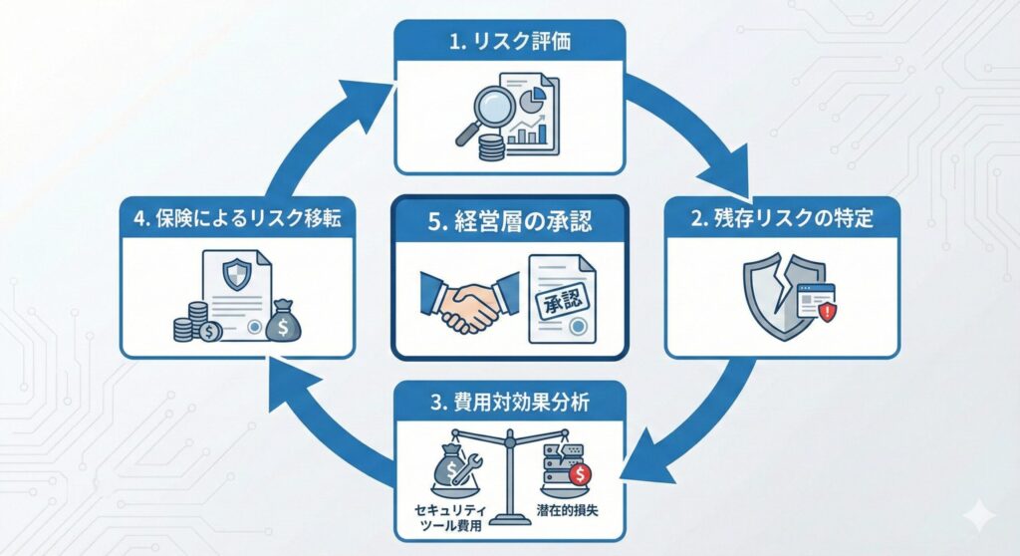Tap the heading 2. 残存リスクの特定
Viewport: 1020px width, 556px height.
pyautogui.click(x=782, y=218)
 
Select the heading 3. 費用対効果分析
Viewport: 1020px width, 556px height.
pyautogui.click(x=509, y=402)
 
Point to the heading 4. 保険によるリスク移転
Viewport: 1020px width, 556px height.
pyautogui.click(x=237, y=218)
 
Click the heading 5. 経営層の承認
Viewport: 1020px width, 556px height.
pyautogui.click(x=509, y=221)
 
